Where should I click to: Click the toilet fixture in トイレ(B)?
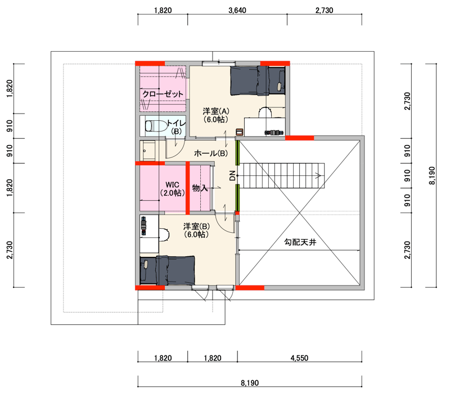(156, 126)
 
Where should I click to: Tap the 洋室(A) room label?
(216, 115)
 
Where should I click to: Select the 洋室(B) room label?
(196, 230)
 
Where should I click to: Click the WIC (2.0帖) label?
(172, 189)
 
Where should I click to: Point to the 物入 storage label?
(200, 188)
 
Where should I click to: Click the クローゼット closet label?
(163, 94)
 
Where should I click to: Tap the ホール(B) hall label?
(211, 153)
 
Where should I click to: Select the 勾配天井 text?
(300, 242)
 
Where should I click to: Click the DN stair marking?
(233, 175)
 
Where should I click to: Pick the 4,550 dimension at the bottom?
(299, 358)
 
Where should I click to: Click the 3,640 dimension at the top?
(237, 10)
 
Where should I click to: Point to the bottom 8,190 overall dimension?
(250, 383)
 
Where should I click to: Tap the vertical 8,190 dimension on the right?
(433, 175)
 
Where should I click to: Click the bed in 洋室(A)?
(258, 80)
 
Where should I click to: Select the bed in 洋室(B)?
(167, 270)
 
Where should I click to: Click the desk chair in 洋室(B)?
(164, 234)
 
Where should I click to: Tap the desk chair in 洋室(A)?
(265, 112)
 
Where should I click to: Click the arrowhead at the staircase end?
(318, 175)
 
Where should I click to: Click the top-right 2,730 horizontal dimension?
(325, 10)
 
